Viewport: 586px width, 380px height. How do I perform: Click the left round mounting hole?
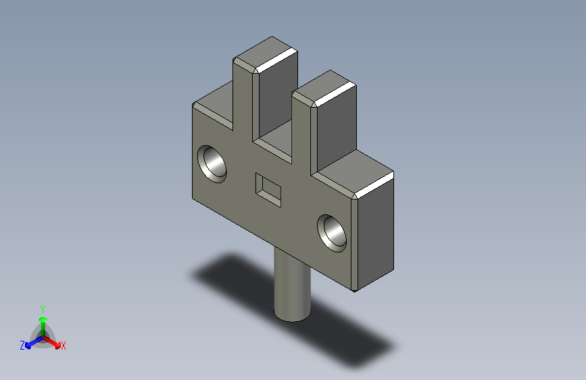[x=214, y=164]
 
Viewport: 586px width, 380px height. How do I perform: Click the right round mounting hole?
[x=333, y=232]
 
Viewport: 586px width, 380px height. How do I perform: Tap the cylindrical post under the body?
[x=292, y=284]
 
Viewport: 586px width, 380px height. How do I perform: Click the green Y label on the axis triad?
[x=42, y=308]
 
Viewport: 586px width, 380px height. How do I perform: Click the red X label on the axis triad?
[x=64, y=346]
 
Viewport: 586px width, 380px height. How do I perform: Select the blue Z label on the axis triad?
[x=22, y=346]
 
